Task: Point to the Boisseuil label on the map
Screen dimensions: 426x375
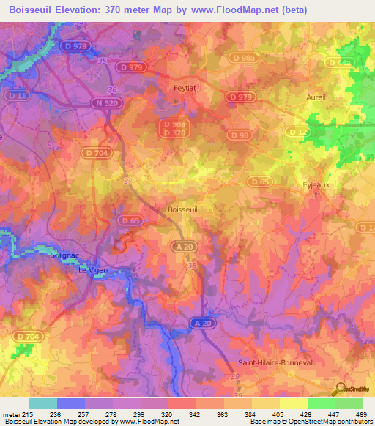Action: click(182, 209)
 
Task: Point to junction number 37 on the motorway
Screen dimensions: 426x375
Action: click(129, 180)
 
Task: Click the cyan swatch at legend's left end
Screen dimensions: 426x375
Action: click(42, 403)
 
